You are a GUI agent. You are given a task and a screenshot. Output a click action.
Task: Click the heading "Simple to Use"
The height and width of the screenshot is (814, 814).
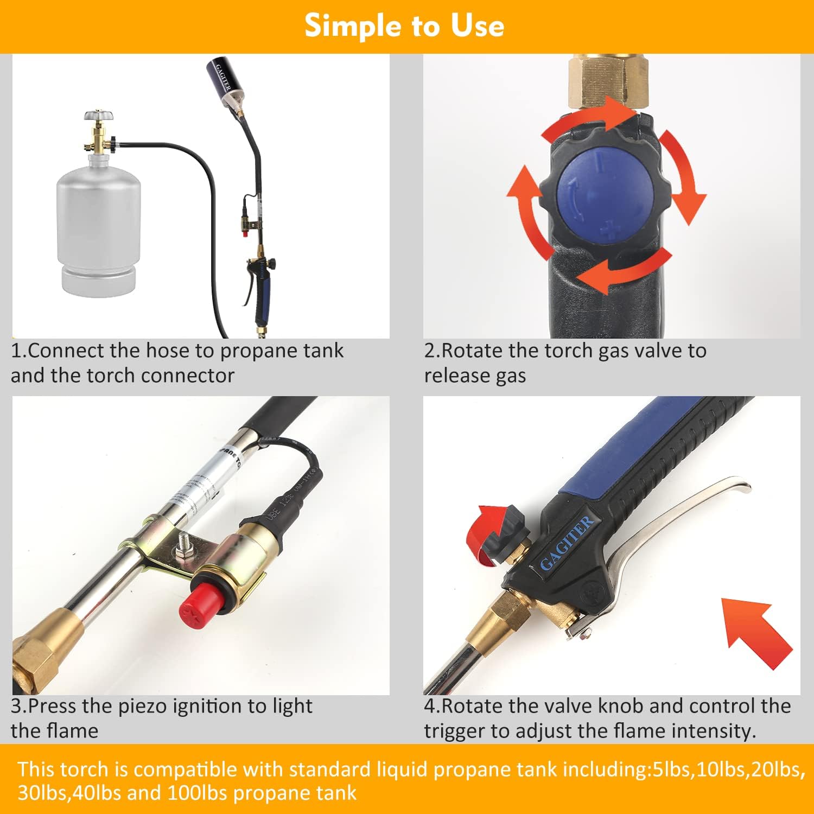404,26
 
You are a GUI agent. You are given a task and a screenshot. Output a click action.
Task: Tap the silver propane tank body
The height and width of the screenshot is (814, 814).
98,217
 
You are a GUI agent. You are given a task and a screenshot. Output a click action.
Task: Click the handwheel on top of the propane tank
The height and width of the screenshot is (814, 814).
99,116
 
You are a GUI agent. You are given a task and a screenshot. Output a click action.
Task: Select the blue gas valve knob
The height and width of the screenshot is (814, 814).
606,197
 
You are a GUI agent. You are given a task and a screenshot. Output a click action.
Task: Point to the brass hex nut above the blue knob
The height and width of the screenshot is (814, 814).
608,81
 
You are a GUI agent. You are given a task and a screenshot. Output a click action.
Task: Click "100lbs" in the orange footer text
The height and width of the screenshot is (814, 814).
198,793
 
